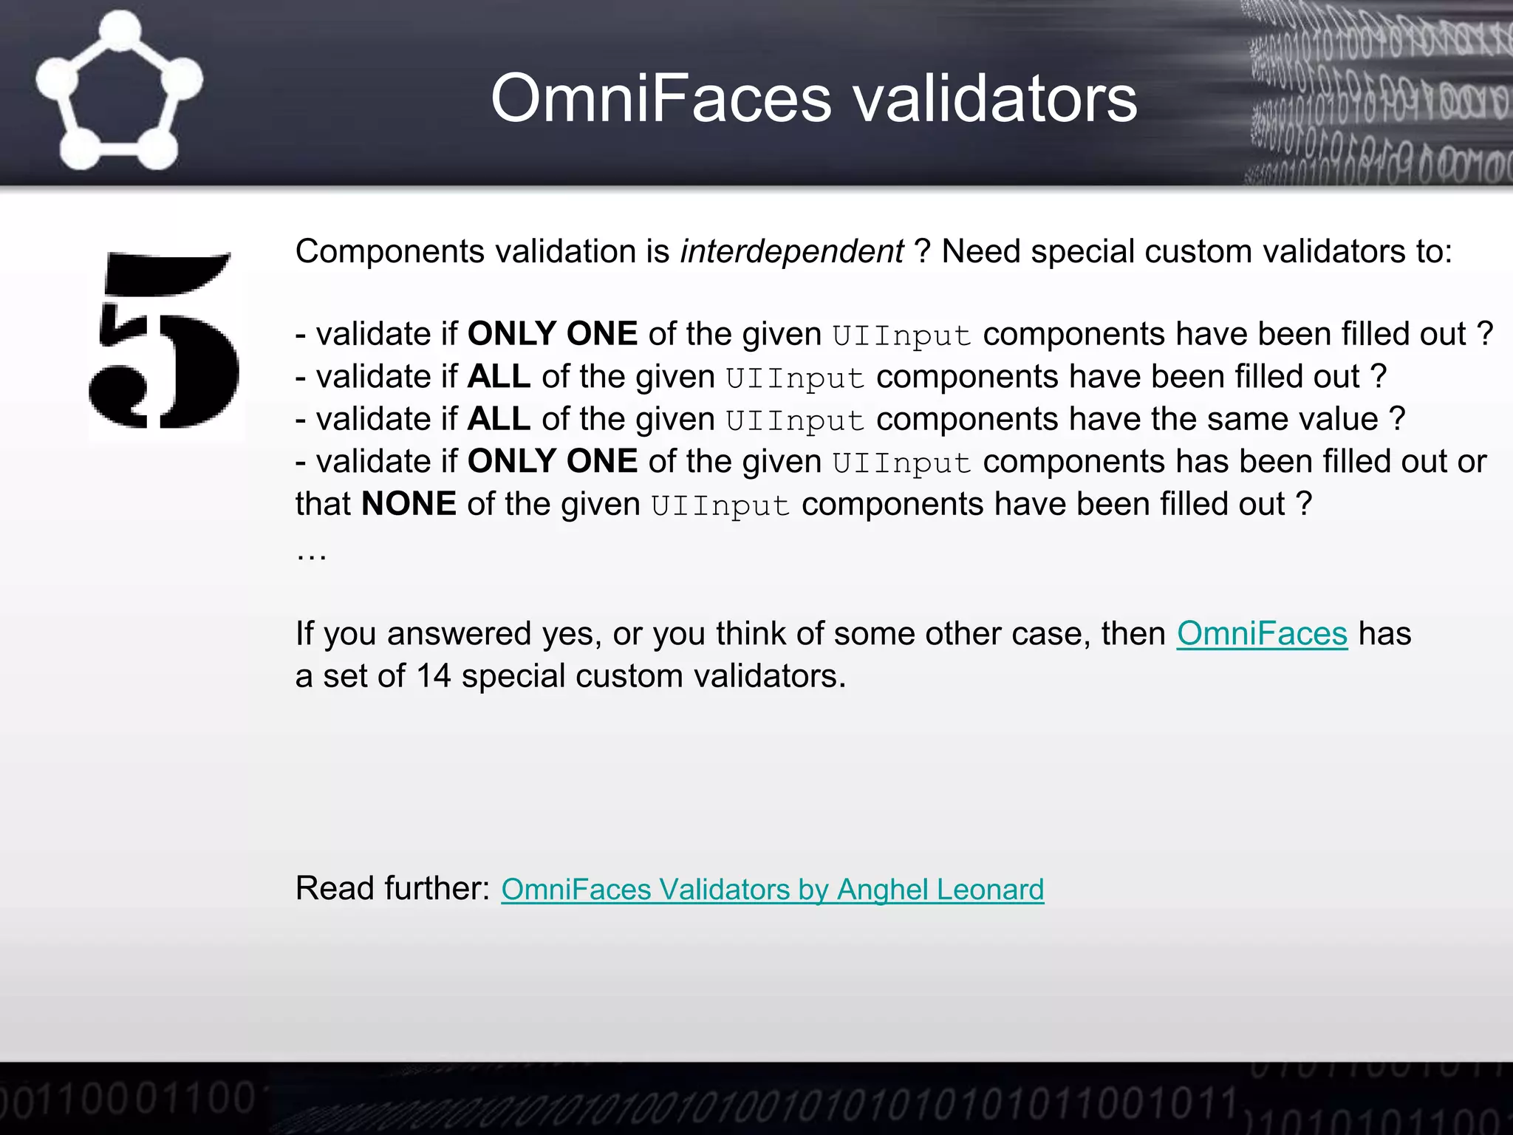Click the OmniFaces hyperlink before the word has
point(1262,634)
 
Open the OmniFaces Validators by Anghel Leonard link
point(772,889)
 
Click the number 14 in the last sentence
point(434,676)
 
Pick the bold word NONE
point(409,504)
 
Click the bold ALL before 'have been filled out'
point(499,377)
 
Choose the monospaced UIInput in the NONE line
point(720,505)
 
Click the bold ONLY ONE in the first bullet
point(553,334)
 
